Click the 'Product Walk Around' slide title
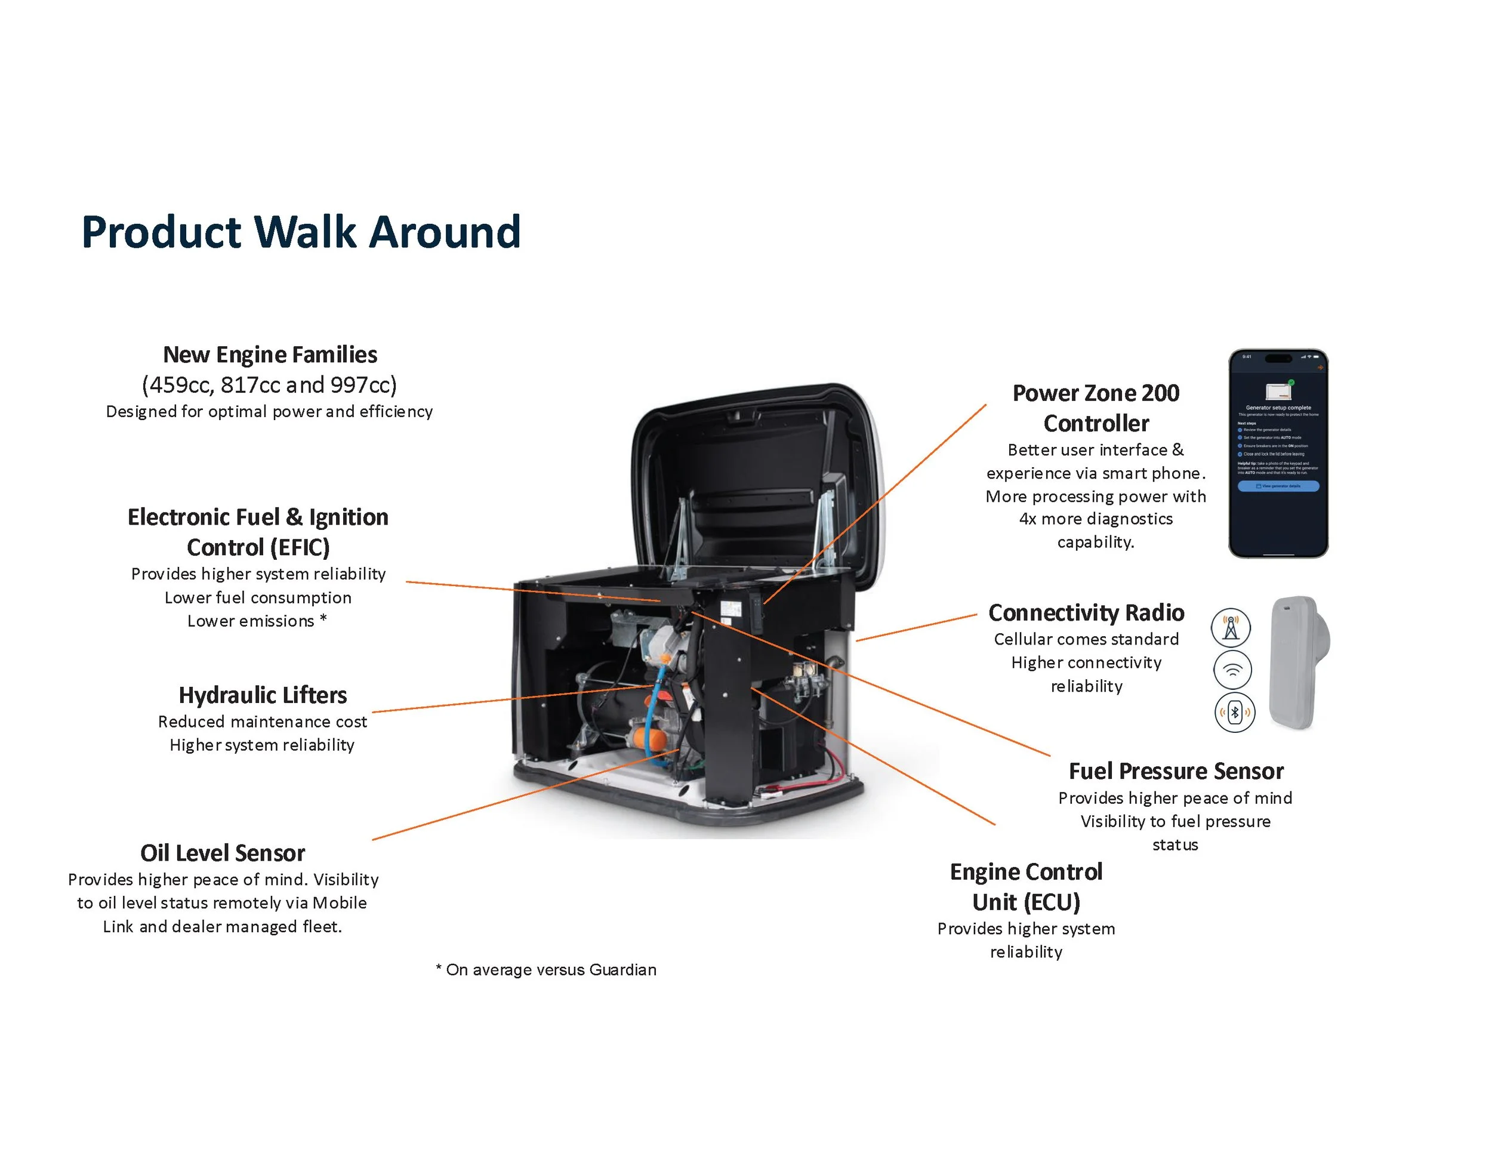point(301,232)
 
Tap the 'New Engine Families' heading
point(270,354)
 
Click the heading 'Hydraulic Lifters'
point(263,695)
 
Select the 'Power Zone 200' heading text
point(1095,393)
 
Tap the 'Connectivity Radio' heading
point(1086,613)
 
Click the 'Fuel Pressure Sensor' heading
point(1176,771)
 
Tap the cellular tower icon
point(1231,627)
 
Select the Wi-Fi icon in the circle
point(1232,670)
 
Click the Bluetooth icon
point(1234,713)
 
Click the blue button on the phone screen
point(1278,486)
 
